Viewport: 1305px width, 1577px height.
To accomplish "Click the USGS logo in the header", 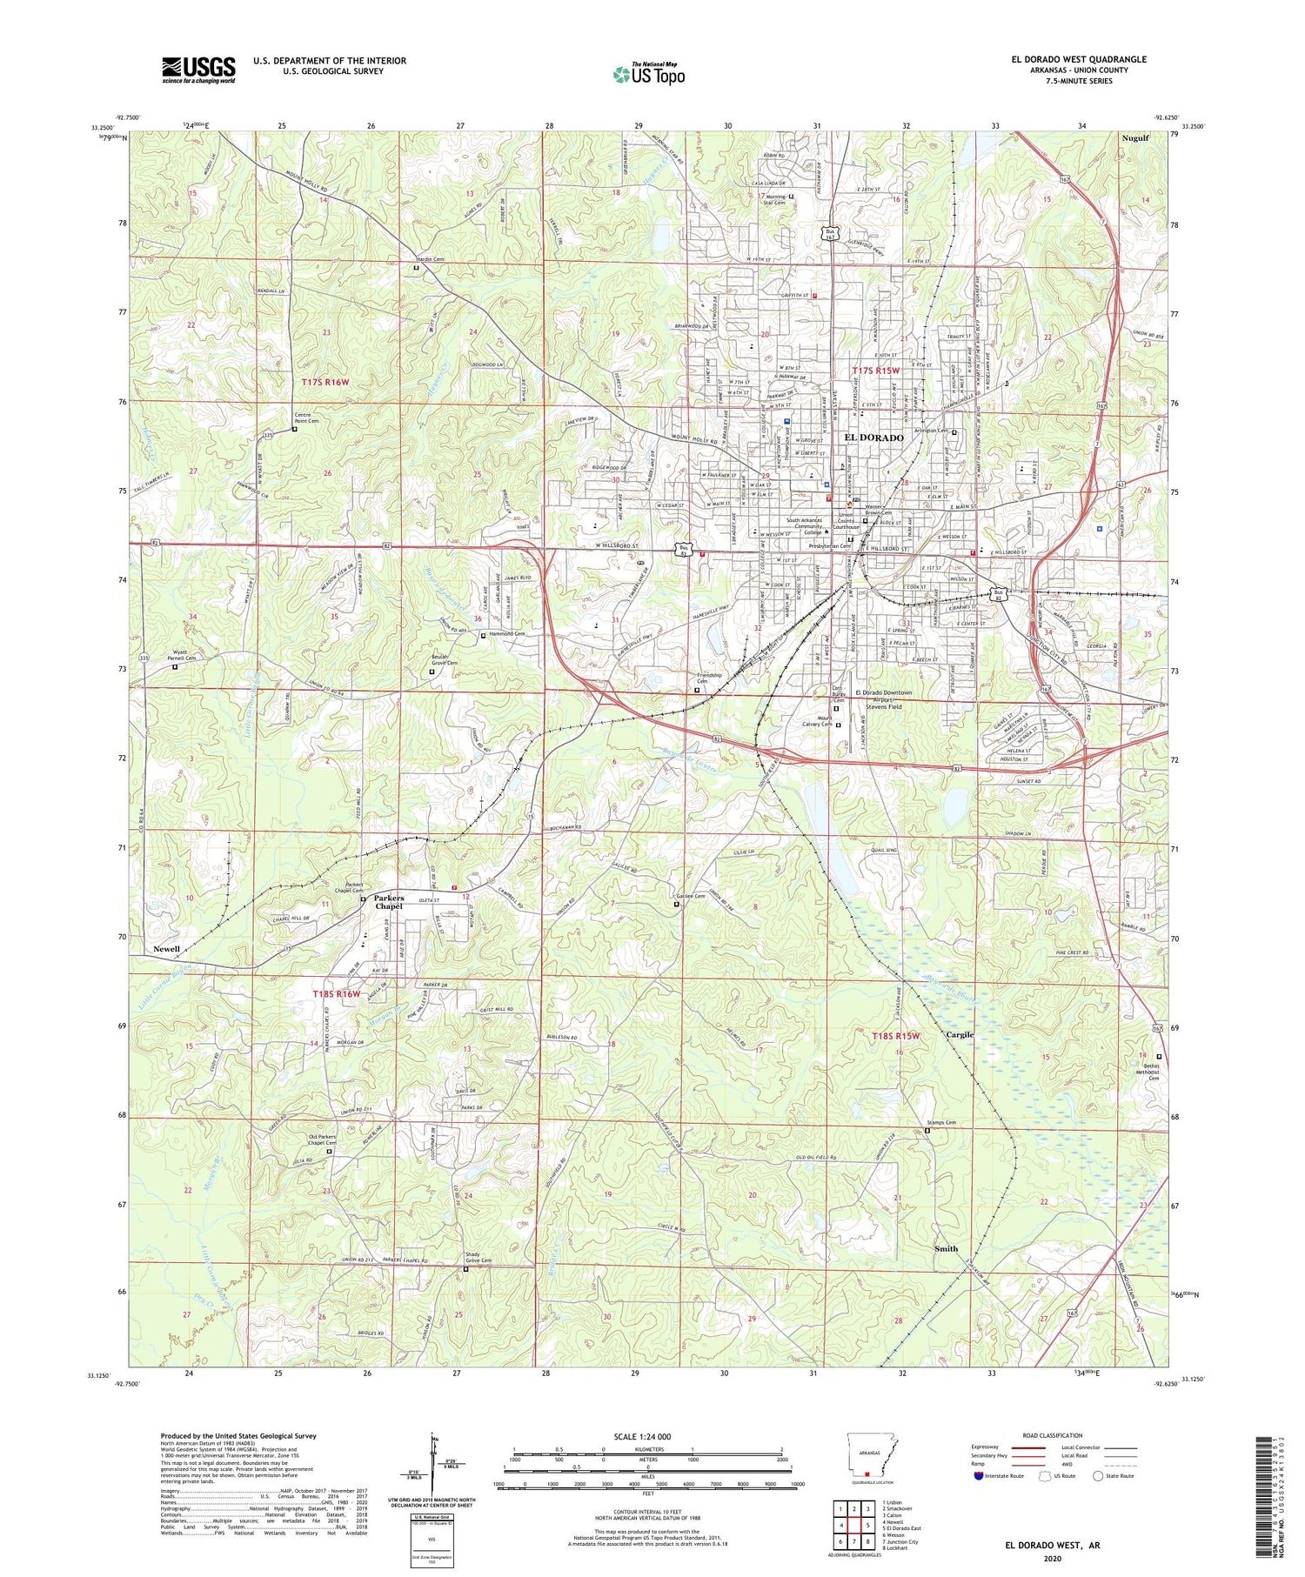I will click(x=198, y=70).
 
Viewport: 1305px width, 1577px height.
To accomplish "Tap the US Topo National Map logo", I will click(x=648, y=74).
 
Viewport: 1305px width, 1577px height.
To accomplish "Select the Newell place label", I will click(x=166, y=948).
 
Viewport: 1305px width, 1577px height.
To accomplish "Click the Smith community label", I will click(x=946, y=1248).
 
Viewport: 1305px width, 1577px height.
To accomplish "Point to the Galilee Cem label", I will click(x=690, y=896).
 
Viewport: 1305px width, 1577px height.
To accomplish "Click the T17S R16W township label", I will click(x=325, y=382).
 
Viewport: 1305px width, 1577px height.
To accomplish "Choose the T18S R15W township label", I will click(x=895, y=1036).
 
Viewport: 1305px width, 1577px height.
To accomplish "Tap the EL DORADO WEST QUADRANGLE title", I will click(x=1078, y=59).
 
